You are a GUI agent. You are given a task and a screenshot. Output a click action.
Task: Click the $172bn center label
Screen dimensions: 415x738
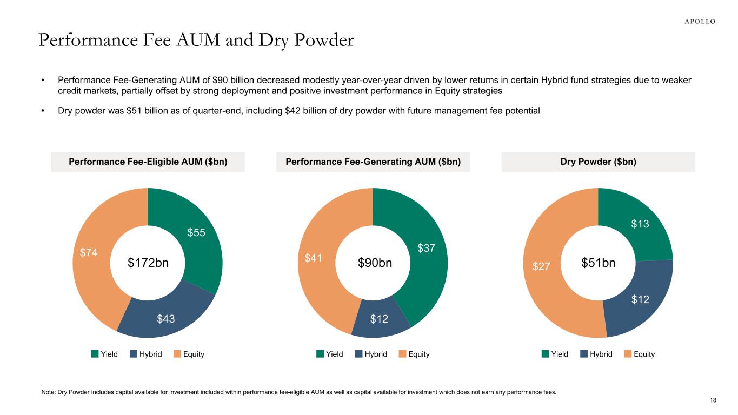(x=148, y=263)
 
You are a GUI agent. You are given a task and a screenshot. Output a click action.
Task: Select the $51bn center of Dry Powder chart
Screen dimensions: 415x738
(x=598, y=263)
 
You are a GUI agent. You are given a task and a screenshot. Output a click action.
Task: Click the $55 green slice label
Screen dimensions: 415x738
(x=196, y=232)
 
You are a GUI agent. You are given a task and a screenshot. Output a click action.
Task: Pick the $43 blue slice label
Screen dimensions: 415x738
(x=165, y=319)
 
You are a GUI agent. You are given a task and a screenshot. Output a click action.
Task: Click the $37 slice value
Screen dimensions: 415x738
(x=427, y=248)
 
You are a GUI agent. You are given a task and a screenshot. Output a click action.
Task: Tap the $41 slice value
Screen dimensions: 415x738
(x=314, y=258)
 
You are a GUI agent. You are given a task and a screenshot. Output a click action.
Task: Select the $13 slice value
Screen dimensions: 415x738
(x=641, y=224)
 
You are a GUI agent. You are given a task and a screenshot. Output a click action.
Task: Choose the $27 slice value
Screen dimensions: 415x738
(x=542, y=266)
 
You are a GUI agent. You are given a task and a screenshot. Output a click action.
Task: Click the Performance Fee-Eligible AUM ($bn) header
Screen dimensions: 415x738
(x=148, y=162)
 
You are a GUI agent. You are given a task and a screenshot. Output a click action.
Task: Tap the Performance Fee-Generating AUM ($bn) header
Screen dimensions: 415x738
(x=373, y=162)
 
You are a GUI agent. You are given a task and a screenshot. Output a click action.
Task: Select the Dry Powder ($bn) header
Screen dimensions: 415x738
(x=598, y=162)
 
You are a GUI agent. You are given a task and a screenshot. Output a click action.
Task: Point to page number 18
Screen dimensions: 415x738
(x=713, y=400)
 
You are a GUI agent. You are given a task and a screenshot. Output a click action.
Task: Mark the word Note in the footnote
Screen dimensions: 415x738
(x=48, y=392)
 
